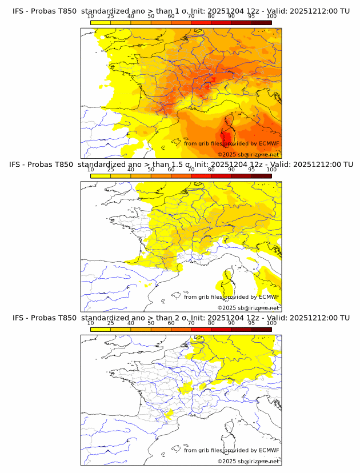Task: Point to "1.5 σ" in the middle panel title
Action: (x=184, y=165)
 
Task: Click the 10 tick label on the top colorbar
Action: (x=90, y=17)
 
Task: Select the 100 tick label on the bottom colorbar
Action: (x=271, y=323)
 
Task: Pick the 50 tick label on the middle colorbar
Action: (x=151, y=170)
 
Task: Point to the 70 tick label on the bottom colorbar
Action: (x=191, y=323)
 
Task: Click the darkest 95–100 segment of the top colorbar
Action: (x=261, y=22)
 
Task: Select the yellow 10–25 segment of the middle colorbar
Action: (x=101, y=175)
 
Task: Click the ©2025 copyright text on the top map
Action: (x=248, y=155)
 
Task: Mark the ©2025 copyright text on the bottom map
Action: (x=248, y=461)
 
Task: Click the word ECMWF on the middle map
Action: (x=269, y=296)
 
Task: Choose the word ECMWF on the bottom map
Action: (x=269, y=450)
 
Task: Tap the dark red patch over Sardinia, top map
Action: (x=227, y=138)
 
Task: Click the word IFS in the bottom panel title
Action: (x=18, y=318)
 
